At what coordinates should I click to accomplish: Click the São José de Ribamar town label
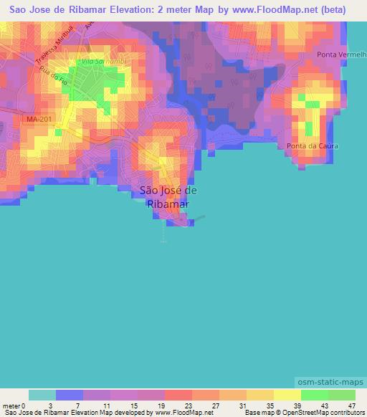(167, 197)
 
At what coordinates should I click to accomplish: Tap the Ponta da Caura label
(312, 146)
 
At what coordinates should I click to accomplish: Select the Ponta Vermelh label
(341, 55)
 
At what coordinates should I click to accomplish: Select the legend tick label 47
(351, 406)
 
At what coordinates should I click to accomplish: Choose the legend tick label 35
(270, 406)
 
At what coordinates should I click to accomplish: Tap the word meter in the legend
(11, 406)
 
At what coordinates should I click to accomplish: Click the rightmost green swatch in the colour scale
(341, 395)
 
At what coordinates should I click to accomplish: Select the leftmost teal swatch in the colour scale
(42, 395)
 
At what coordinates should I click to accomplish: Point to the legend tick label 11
(107, 406)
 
